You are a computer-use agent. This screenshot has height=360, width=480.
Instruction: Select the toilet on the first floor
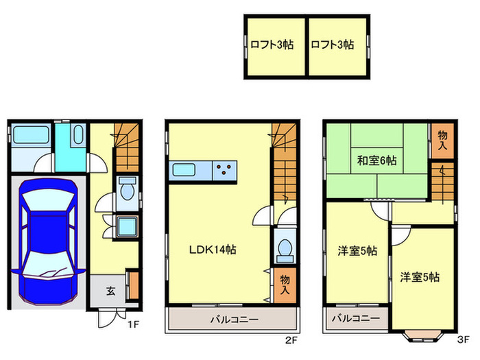click(x=126, y=190)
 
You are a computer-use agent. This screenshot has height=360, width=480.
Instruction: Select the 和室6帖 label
click(x=376, y=160)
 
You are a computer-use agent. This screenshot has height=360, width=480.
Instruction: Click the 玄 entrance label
click(x=110, y=290)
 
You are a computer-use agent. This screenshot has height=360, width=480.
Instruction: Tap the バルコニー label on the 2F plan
click(x=233, y=320)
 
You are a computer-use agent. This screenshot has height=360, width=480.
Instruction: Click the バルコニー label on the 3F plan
click(x=356, y=319)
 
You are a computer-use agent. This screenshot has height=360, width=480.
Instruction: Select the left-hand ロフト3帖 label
click(x=272, y=45)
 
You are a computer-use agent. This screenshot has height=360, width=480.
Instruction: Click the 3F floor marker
click(x=463, y=339)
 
